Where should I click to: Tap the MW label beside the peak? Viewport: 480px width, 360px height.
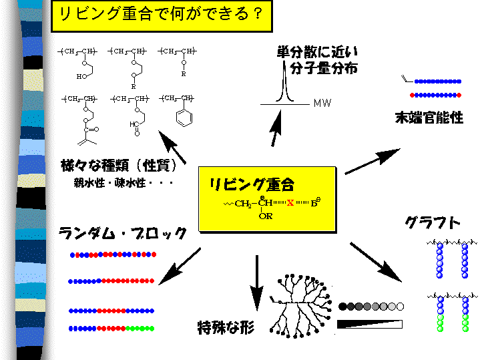tap(322, 104)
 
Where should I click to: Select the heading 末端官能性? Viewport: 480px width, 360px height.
tap(429, 118)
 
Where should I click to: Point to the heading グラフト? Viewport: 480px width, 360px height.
tap(432, 222)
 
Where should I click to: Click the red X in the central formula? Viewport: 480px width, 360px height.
tap(290, 202)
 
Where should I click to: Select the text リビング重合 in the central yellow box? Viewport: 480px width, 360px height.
tap(252, 184)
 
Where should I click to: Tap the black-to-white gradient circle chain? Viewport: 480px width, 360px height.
tap(371, 307)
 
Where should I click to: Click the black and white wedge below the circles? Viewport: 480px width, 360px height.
tap(371, 324)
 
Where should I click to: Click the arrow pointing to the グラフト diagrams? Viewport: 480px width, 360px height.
tap(375, 262)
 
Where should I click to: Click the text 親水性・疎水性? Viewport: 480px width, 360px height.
tap(124, 182)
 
